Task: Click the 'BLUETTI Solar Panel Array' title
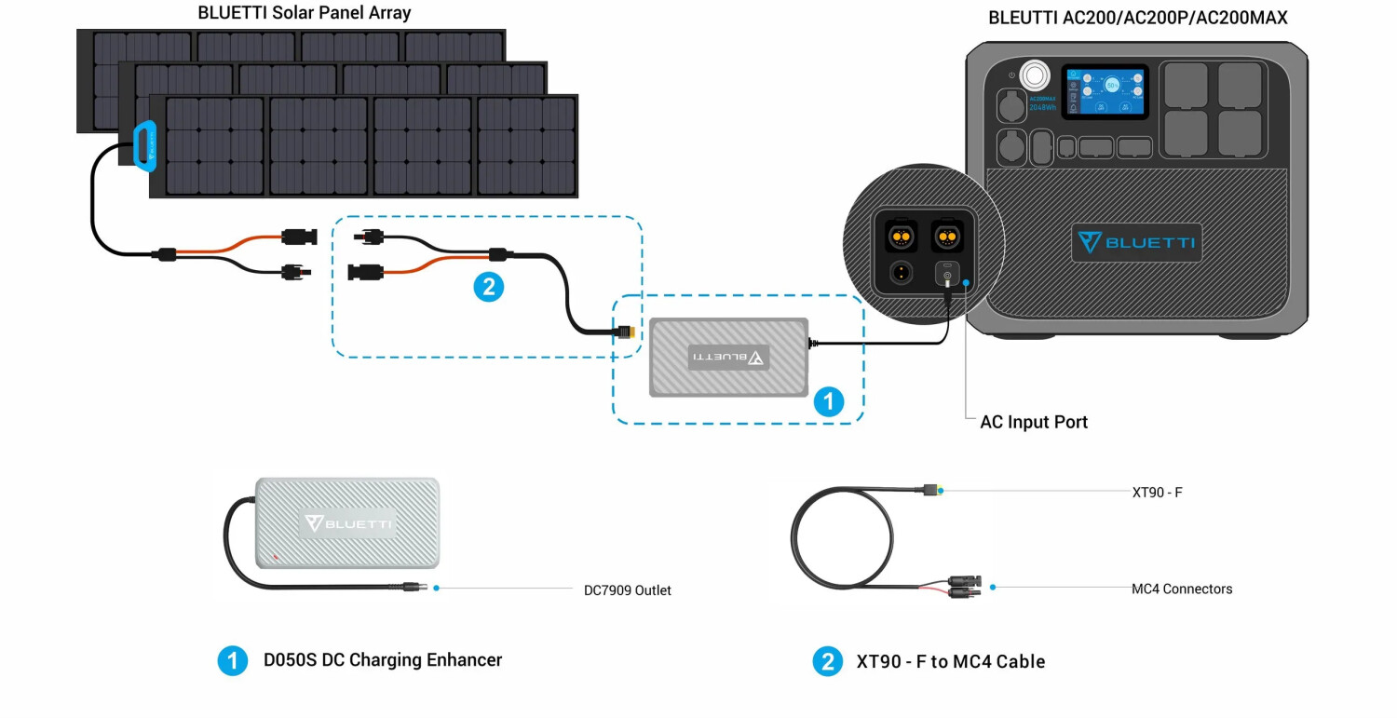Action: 305,14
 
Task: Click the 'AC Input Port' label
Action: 1034,422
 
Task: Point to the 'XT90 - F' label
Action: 1157,492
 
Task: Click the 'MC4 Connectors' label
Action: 1181,589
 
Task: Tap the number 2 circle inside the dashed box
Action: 488,287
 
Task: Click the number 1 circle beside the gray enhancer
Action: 828,402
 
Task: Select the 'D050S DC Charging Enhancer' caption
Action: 382,660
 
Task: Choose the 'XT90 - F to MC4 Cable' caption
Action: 950,662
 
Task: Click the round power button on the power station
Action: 1034,75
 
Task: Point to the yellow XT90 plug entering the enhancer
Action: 625,332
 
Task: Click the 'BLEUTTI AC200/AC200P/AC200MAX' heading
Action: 1137,18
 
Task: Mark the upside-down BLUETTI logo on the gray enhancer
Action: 729,358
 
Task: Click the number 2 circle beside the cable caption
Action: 827,662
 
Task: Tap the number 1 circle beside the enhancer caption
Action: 232,661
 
